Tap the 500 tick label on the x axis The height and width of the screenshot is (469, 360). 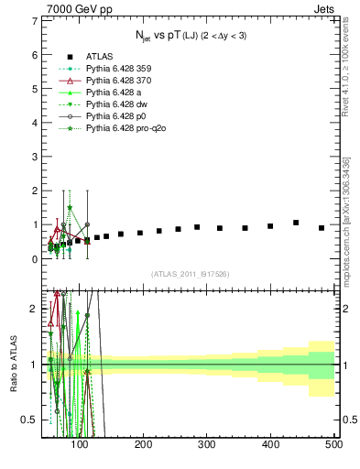point(333,443)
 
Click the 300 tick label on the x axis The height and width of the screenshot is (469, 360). point(207,443)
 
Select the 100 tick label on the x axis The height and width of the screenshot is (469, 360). point(81,443)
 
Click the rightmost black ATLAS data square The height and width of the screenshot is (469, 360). point(321,228)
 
